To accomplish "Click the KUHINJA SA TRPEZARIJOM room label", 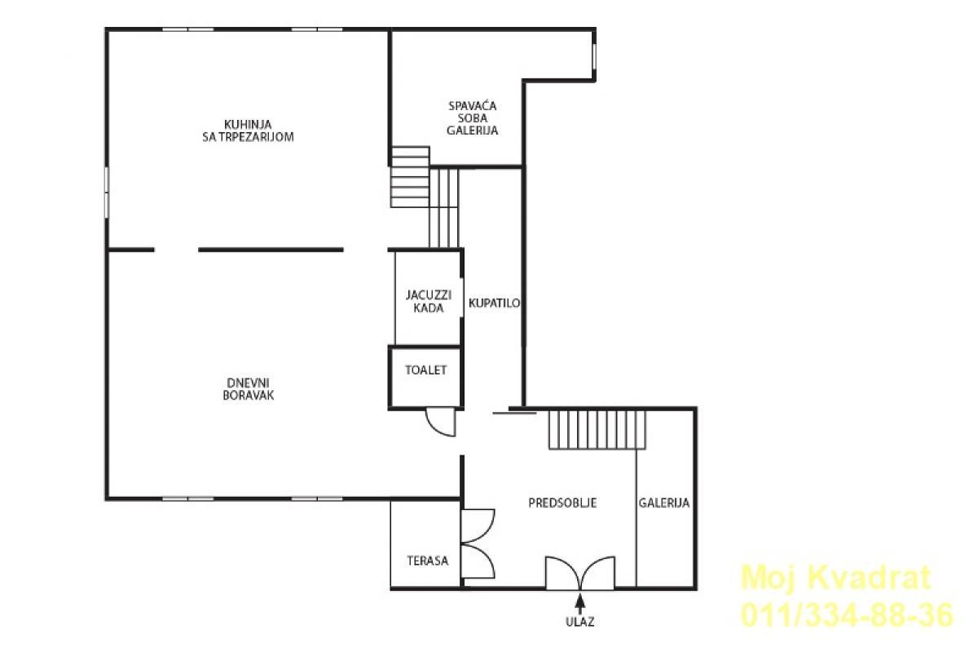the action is pos(248,131).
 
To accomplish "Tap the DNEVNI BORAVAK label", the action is pos(248,389).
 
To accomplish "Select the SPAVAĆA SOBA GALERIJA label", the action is pos(473,118).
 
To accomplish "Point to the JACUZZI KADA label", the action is pos(429,301).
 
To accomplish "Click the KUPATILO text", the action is pos(494,303).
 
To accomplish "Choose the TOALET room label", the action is pos(425,370).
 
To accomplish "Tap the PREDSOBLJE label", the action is pos(562,503).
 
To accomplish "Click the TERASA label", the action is pos(427,561).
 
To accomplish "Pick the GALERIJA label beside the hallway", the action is pos(664,503).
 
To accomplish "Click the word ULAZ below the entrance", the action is pos(579,621).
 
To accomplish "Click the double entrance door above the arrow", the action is pos(580,573).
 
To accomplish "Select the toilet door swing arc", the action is pos(441,422).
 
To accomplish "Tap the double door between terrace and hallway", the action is pos(478,544).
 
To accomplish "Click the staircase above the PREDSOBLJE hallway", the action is pos(597,430).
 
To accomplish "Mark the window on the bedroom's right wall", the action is pos(594,56).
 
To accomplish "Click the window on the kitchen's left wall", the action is pos(107,192).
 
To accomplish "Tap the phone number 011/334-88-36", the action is pos(847,615).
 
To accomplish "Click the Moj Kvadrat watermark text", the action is pos(836,578).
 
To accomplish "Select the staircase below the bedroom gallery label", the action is pos(425,197).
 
